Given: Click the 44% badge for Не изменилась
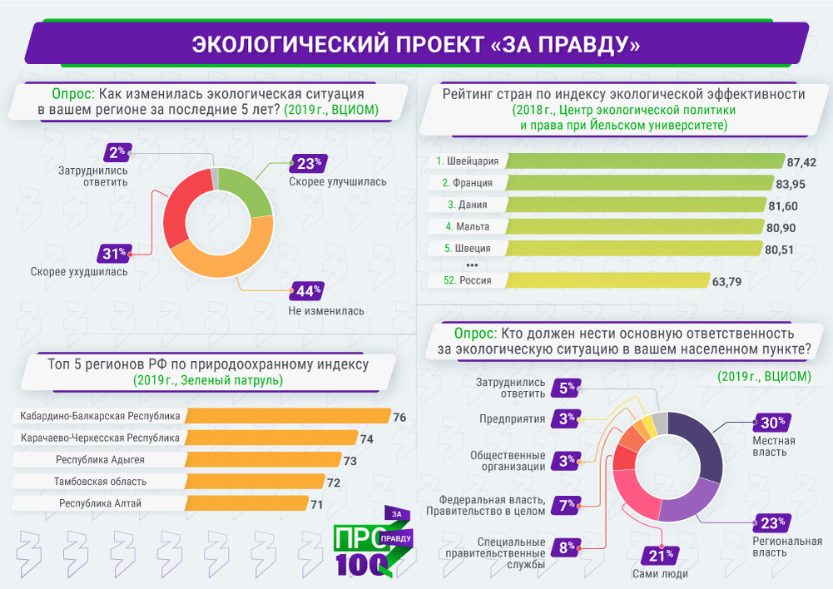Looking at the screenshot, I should (305, 292).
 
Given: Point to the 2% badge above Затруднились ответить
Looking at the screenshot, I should (117, 152).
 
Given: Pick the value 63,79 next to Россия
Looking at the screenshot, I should (728, 281).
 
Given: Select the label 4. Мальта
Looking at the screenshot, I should (467, 226).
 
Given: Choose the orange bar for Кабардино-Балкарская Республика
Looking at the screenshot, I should (287, 416).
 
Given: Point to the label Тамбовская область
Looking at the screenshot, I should (100, 482).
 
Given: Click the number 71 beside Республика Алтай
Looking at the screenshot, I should (316, 504).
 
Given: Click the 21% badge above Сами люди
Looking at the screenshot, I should (660, 555).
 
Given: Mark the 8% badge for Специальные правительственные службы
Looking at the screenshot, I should (568, 547).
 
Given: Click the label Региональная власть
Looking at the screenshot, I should (781, 547).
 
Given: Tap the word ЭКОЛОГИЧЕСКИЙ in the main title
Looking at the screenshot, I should (280, 43).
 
